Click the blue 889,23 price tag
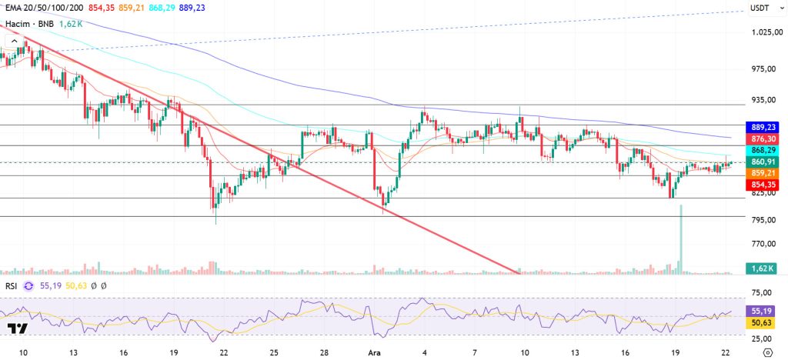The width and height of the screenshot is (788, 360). (762, 127)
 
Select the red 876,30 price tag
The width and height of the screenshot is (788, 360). (762, 138)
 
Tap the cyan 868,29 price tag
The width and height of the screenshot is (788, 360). (762, 150)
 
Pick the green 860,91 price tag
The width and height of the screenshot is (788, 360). (762, 162)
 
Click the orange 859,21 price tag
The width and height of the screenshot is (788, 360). (762, 174)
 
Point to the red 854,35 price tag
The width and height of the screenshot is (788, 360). (762, 185)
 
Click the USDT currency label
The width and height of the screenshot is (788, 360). (760, 8)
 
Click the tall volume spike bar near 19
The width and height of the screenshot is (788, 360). (680, 238)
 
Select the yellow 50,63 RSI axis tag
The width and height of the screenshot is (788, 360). (762, 323)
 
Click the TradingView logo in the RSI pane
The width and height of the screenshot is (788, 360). (18, 328)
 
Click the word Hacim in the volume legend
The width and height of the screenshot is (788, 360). (18, 24)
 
